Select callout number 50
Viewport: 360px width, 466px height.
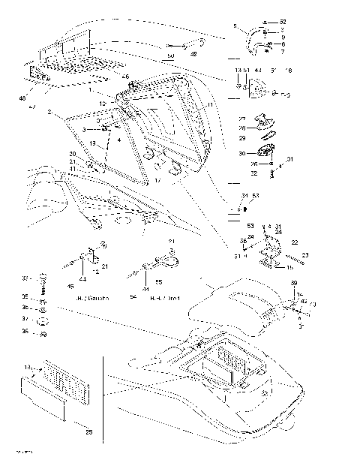(x=170, y=56)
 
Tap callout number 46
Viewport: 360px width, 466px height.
(x=125, y=77)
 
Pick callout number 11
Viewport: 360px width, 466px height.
(x=211, y=104)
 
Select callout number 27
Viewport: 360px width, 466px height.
(x=242, y=120)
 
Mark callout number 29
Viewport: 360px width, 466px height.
(x=242, y=138)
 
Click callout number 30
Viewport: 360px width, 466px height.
(x=242, y=153)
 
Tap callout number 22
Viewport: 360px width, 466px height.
(x=295, y=242)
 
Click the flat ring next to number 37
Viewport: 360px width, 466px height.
(x=43, y=319)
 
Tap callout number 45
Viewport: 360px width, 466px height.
(x=71, y=286)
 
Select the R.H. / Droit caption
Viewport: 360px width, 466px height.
(x=164, y=298)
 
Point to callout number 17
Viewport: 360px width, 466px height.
(x=157, y=181)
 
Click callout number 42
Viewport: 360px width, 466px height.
(x=304, y=302)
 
